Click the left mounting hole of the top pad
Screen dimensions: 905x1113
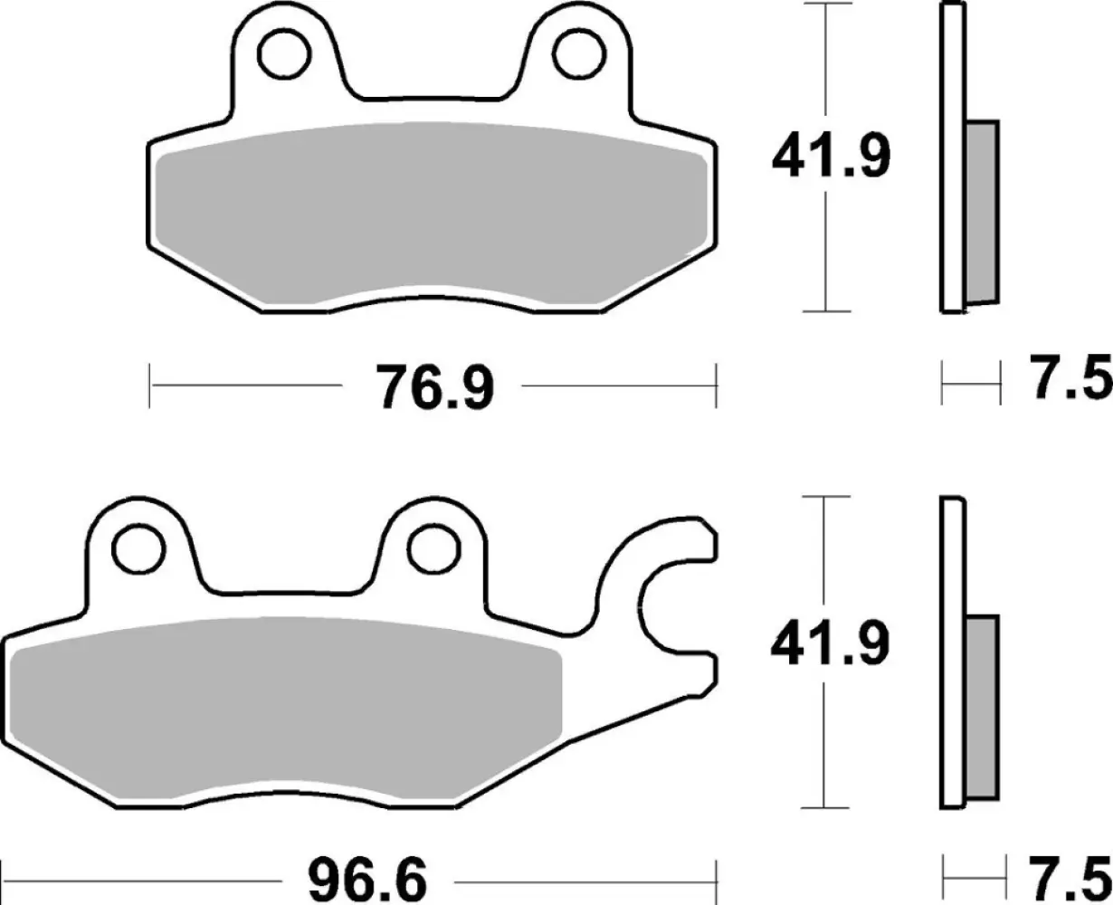279,56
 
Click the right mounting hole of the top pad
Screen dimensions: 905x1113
575,56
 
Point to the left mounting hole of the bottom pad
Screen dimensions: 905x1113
136,547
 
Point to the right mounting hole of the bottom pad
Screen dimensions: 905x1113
431,547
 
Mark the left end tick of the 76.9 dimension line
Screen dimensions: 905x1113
150,386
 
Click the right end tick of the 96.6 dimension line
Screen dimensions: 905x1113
717,878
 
